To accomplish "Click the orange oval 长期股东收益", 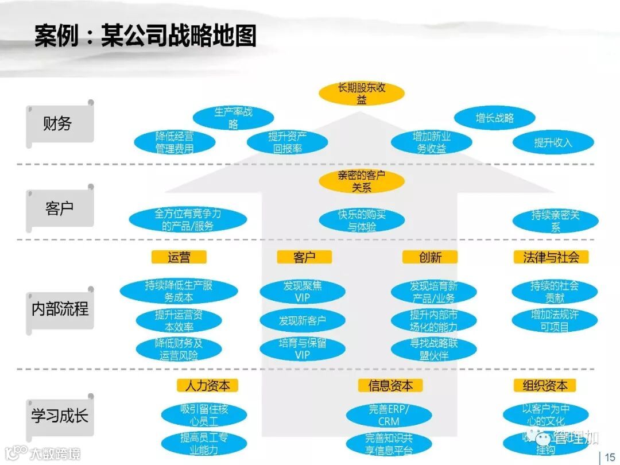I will pyautogui.click(x=361, y=94).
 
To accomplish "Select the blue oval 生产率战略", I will pyautogui.click(x=232, y=118).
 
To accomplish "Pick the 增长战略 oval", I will pyautogui.click(x=494, y=118).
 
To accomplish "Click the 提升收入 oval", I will pyautogui.click(x=553, y=142).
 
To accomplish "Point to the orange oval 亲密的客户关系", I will pyautogui.click(x=361, y=181).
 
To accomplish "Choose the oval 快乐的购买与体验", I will pyautogui.click(x=361, y=220).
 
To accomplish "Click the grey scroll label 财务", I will pyautogui.click(x=60, y=123).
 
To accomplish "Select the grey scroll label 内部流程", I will pyautogui.click(x=60, y=309).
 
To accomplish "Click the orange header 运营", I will pyautogui.click(x=179, y=257).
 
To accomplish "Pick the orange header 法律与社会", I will pyautogui.click(x=551, y=257).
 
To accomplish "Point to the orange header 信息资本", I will pyautogui.click(x=390, y=385).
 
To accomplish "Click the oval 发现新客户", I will pyautogui.click(x=302, y=320).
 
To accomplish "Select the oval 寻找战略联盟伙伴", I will pyautogui.click(x=433, y=349).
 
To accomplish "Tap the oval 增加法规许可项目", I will pyautogui.click(x=554, y=320).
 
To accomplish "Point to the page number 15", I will pyautogui.click(x=609, y=456).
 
